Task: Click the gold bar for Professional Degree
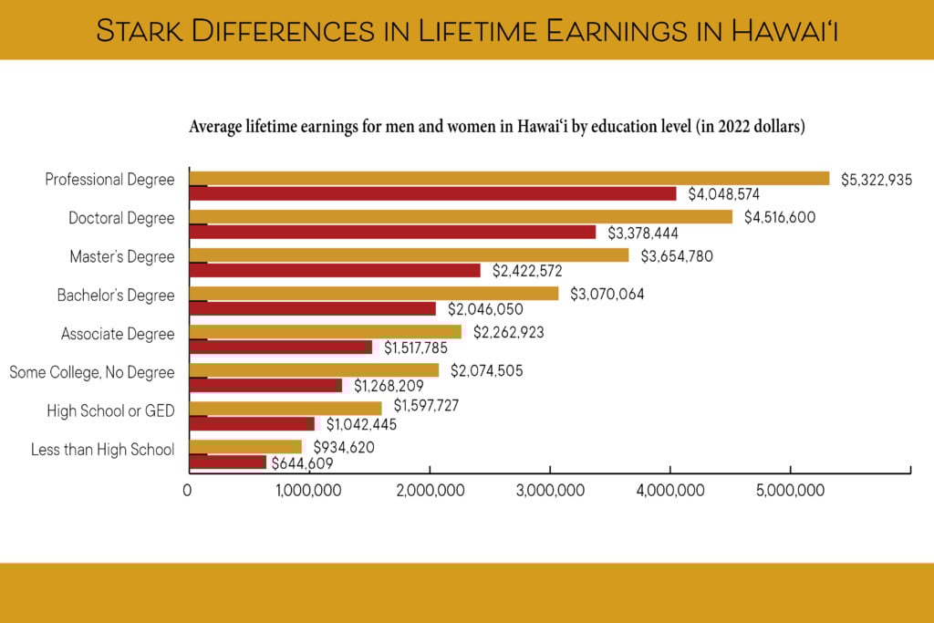509,179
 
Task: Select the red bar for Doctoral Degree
392,232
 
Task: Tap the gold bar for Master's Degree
409,255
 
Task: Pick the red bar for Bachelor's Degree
312,308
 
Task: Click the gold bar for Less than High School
244,447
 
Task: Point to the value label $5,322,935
877,179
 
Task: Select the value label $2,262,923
508,333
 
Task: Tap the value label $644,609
302,463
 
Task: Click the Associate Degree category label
118,334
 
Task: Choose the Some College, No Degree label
91,372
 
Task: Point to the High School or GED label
110,411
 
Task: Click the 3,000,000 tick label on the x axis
550,491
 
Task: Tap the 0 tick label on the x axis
188,491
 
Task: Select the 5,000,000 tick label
791,491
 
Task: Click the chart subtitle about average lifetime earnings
496,127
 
